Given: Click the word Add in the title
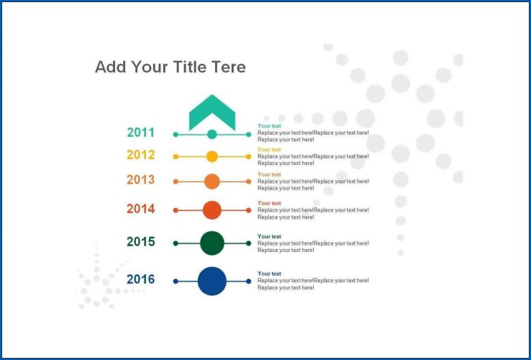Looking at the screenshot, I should point(110,67).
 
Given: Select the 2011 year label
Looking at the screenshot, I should point(141,132).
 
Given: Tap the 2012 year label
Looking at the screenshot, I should point(141,155).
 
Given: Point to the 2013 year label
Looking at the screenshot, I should point(141,180).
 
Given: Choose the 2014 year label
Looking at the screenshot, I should point(141,209).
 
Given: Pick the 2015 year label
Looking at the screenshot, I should point(141,242).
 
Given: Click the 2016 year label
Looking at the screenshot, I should point(141,279).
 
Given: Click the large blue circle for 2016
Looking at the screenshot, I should point(212,281).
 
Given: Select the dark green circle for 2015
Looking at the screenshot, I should point(212,243).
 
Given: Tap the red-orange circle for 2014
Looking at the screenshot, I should point(212,210).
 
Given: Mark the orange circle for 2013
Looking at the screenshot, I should point(212,181).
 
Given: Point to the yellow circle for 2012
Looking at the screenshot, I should point(212,156).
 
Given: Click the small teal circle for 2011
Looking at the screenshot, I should point(212,134).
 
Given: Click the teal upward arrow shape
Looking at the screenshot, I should point(212,112).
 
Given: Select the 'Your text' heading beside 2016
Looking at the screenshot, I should point(270,274).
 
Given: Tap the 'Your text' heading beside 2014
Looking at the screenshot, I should point(270,203).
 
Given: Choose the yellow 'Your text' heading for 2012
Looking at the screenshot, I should point(270,150).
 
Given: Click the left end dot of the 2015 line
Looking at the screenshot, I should point(176,243).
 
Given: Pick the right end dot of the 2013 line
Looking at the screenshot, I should point(248,181).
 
